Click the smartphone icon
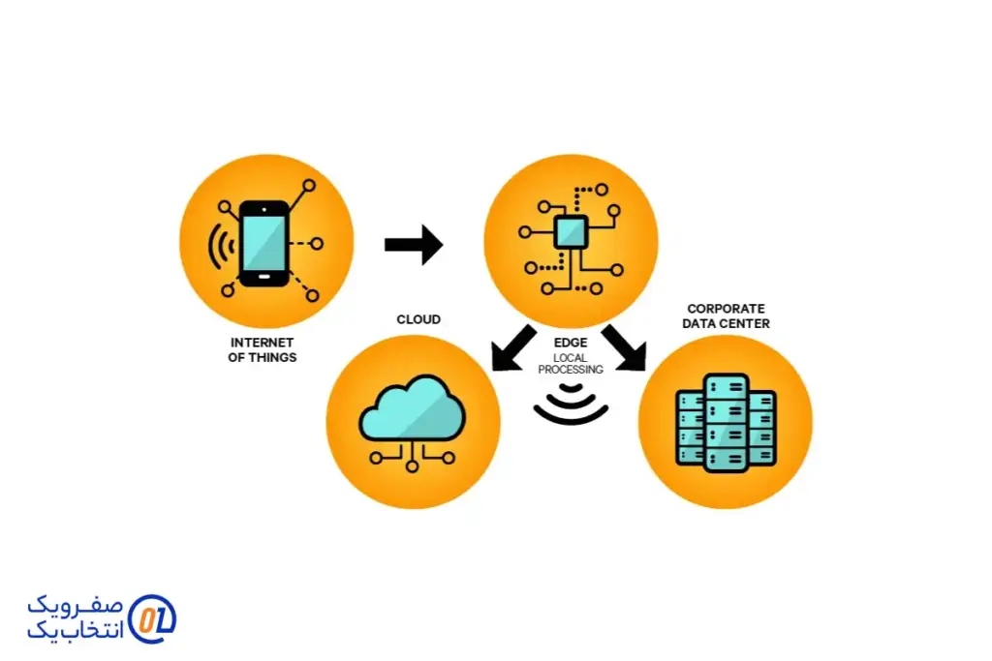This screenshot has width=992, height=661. point(264,244)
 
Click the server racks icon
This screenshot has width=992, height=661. point(726,422)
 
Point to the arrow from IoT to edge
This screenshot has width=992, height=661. point(414,245)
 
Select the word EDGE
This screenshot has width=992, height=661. point(571,343)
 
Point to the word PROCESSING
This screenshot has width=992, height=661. point(571,370)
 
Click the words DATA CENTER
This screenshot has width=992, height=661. point(726,323)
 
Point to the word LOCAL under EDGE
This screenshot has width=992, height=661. point(571,358)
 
